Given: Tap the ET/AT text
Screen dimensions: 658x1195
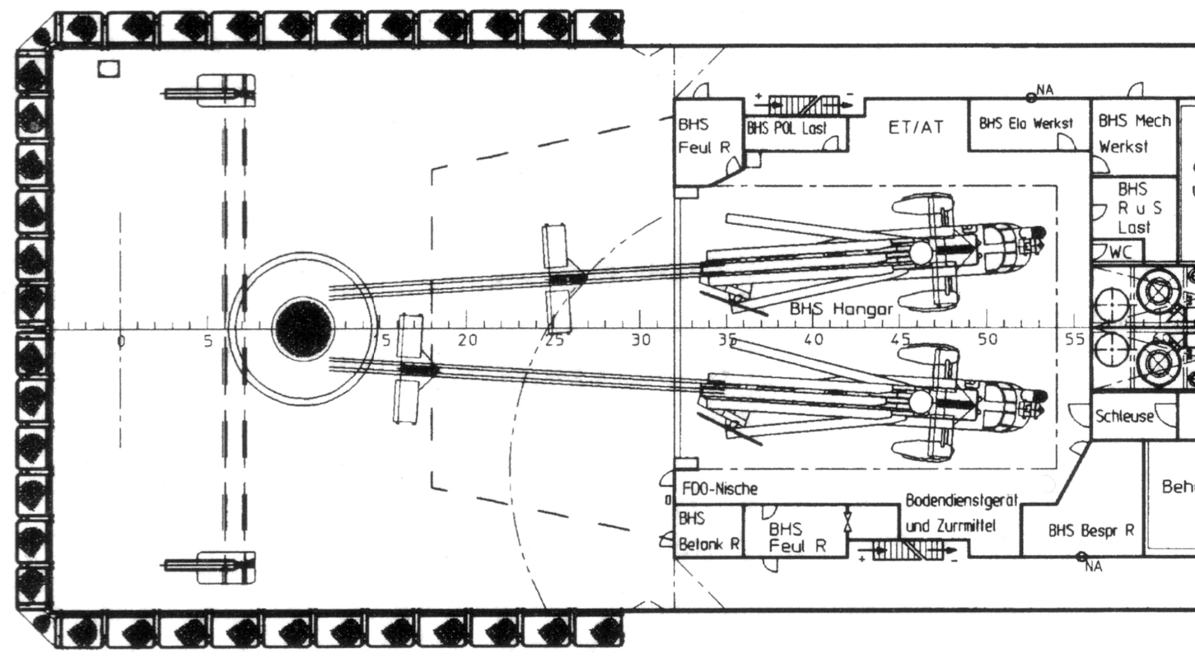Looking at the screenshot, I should click(x=916, y=128).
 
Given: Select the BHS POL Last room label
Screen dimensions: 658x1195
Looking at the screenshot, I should click(x=787, y=129).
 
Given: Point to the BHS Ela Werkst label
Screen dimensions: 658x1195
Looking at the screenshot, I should click(x=1026, y=124).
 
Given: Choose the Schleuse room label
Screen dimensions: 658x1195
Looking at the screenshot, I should click(x=1124, y=417).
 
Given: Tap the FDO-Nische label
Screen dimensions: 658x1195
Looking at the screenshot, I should click(x=720, y=489).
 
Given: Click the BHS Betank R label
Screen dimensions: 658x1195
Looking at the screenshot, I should click(x=708, y=532).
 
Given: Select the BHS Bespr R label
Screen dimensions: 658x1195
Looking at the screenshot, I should click(x=1091, y=530).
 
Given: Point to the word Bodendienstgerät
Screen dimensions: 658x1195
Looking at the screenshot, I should click(x=961, y=501).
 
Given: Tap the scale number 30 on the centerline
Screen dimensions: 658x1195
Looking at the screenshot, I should click(x=641, y=340).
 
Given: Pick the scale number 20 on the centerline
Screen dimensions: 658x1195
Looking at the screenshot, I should click(x=467, y=340).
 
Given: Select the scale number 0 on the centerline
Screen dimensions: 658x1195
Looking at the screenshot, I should click(x=120, y=341).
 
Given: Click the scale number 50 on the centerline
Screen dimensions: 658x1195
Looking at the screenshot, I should click(x=987, y=339).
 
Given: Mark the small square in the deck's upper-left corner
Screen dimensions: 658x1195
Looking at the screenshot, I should click(x=109, y=69).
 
